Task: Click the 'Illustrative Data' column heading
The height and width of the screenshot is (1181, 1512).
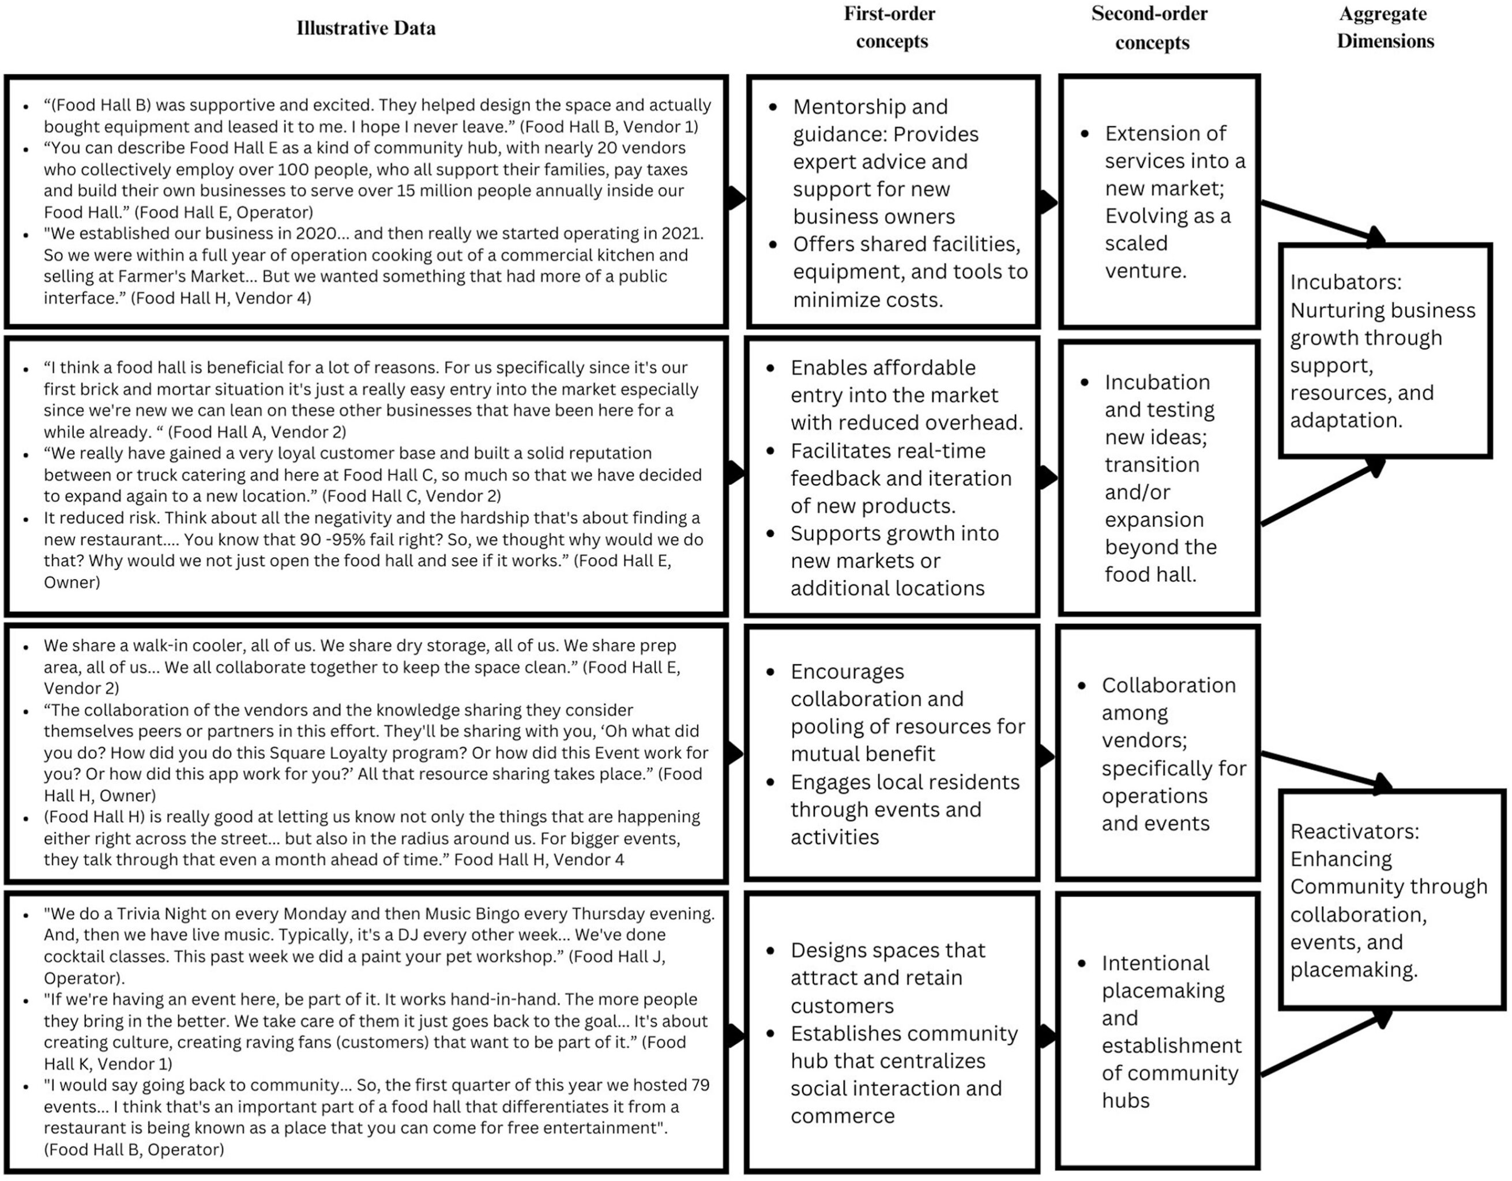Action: pos(366,28)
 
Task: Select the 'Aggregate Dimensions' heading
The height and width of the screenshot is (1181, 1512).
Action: pos(1385,28)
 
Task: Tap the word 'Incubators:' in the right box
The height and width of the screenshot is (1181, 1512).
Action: pos(1345,283)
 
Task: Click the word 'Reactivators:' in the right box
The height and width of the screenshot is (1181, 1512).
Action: pos(1354,832)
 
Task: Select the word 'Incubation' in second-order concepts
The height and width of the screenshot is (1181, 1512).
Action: pos(1157,382)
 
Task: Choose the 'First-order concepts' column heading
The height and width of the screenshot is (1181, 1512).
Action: pos(890,28)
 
